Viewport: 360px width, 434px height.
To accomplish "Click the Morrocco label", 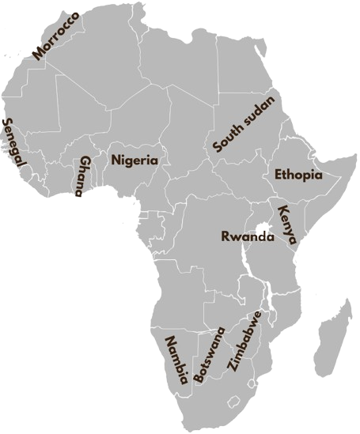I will click(x=56, y=36).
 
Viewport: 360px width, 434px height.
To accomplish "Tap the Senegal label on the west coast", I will click(x=13, y=143).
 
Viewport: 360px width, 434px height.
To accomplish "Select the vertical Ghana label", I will click(x=80, y=175).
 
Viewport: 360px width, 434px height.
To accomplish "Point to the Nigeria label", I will click(x=135, y=160).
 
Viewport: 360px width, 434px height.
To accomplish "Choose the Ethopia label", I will click(x=298, y=175).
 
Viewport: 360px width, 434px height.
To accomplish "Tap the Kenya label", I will click(x=287, y=224).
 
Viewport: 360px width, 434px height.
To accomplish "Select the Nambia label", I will click(x=176, y=360).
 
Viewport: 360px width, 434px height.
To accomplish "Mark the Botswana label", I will click(x=209, y=355).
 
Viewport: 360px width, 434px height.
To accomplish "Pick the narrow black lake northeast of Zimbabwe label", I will click(x=270, y=301).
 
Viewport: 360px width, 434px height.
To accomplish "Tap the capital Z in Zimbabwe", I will click(x=231, y=367).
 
